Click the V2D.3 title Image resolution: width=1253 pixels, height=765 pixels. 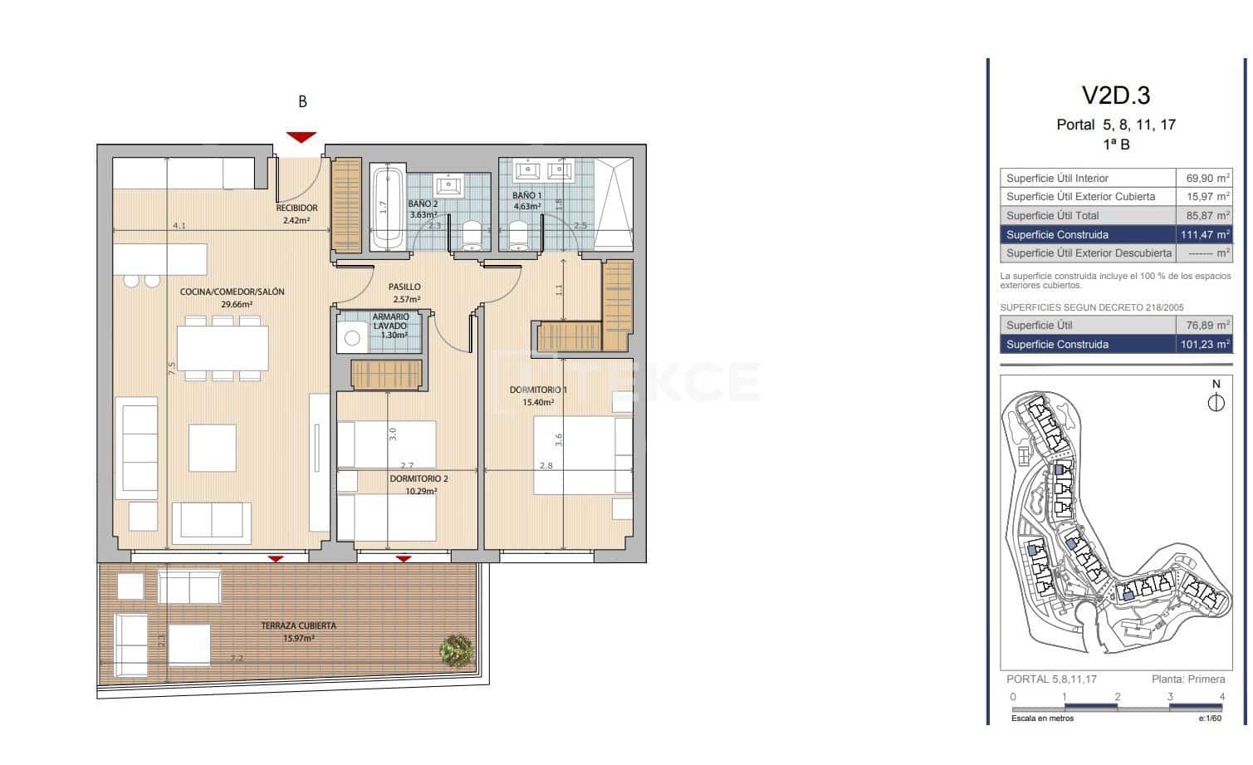point(1115,96)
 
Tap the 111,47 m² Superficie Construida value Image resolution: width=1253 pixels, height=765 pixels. point(1203,235)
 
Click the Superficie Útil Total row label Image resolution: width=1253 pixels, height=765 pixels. point(1052,216)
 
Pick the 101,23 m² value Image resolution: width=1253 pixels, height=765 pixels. point(1204,345)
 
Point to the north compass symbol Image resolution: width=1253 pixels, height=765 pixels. point(1216,403)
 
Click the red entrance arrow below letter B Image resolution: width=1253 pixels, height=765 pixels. point(301,137)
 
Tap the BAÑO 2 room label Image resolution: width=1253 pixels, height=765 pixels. point(423,204)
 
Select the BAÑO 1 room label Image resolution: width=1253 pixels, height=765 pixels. point(526,196)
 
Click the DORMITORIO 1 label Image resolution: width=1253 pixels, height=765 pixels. point(538,390)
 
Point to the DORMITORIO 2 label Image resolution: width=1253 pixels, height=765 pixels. point(418,479)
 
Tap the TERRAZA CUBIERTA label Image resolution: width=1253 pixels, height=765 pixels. point(298,625)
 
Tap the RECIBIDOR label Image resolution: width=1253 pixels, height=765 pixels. point(296,208)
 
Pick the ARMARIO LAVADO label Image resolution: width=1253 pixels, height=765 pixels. point(390,322)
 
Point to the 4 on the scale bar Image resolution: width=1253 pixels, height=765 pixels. point(1221,698)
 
